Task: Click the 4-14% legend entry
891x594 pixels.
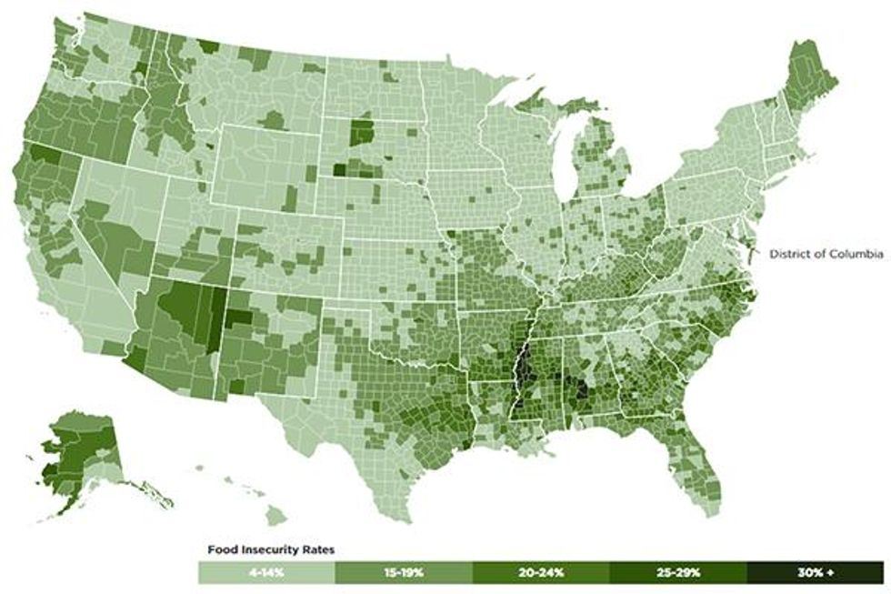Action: click(266, 572)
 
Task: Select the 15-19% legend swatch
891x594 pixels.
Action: click(404, 572)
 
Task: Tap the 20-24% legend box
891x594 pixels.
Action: click(541, 572)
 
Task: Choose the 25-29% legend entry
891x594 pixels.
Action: click(677, 572)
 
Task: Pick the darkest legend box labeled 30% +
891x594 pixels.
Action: click(815, 572)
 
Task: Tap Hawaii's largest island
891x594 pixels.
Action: click(276, 517)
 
